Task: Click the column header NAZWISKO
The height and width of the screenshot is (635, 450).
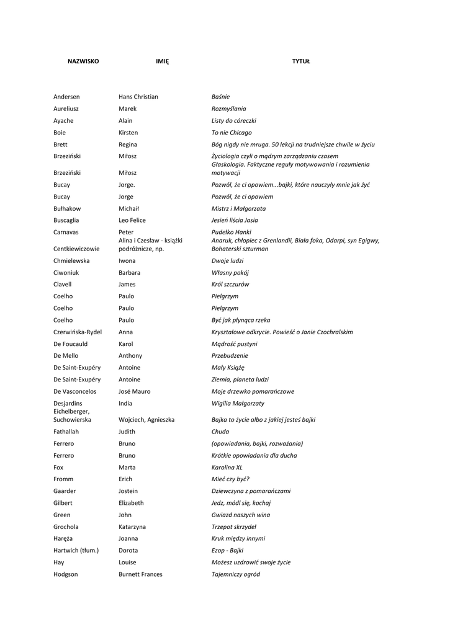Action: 83,61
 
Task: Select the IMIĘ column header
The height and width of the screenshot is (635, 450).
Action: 162,61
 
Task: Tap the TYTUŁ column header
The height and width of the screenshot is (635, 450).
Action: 301,61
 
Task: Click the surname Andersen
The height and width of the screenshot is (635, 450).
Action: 66,97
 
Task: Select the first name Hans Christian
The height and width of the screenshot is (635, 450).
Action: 138,97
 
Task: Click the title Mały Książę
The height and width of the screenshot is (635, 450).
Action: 228,368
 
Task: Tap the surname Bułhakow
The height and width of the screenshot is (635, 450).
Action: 67,209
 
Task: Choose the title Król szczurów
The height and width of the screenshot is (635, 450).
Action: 230,285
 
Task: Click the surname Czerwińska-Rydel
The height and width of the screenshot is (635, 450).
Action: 78,332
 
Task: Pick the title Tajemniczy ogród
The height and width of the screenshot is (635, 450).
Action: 236,574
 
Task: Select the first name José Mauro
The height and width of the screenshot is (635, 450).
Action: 135,392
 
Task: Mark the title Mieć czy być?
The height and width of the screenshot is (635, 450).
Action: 230,479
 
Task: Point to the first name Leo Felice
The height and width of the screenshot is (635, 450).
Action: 132,220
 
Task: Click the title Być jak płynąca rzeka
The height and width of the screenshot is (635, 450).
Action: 241,321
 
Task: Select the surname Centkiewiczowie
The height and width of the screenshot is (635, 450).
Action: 76,249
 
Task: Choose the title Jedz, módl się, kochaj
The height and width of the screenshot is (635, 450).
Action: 241,503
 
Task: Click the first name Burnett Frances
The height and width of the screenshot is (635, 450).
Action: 140,574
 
